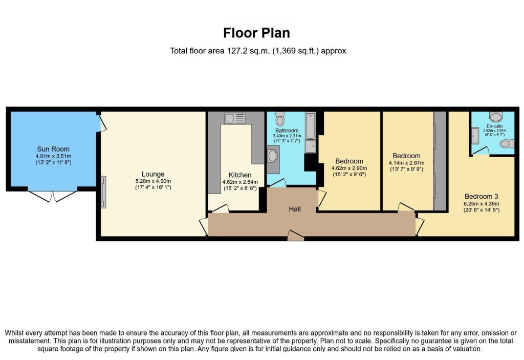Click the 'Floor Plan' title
point(256,33)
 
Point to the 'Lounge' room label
point(153,174)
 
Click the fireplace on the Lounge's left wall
point(104,192)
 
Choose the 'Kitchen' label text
point(239,175)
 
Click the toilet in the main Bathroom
point(280,120)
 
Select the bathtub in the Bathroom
point(310,126)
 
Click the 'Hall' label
point(295,209)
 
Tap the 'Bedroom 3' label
point(481,196)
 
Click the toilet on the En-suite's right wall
point(507,144)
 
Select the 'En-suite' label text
point(495,125)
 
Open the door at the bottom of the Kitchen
point(221,208)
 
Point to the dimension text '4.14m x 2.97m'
point(406,163)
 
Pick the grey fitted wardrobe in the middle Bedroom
point(440,161)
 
